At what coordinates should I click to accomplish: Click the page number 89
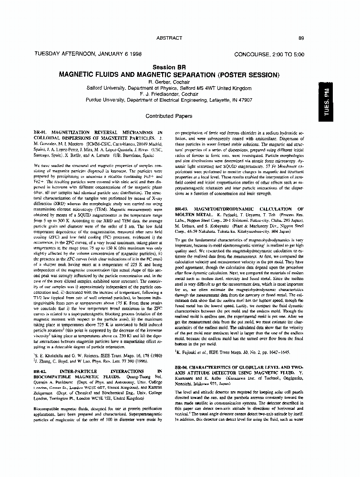301,38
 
